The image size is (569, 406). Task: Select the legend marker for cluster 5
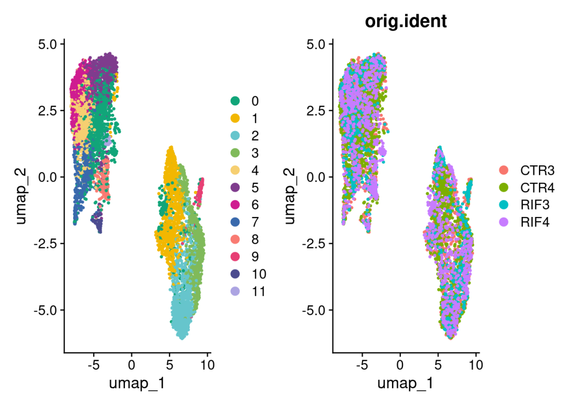pos(236,187)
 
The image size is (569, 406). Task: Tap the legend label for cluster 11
pos(258,291)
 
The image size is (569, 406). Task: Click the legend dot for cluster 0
pos(236,101)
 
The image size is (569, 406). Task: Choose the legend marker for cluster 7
pos(236,222)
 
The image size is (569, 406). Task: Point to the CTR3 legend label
pos(537,170)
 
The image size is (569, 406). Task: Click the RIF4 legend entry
pos(534,222)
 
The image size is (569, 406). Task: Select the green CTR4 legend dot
pos(504,187)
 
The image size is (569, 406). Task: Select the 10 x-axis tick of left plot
pos(207,364)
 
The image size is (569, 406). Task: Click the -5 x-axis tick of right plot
pos(362,364)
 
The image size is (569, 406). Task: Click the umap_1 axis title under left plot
pos(137,383)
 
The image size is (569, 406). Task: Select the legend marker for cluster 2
pos(236,135)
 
